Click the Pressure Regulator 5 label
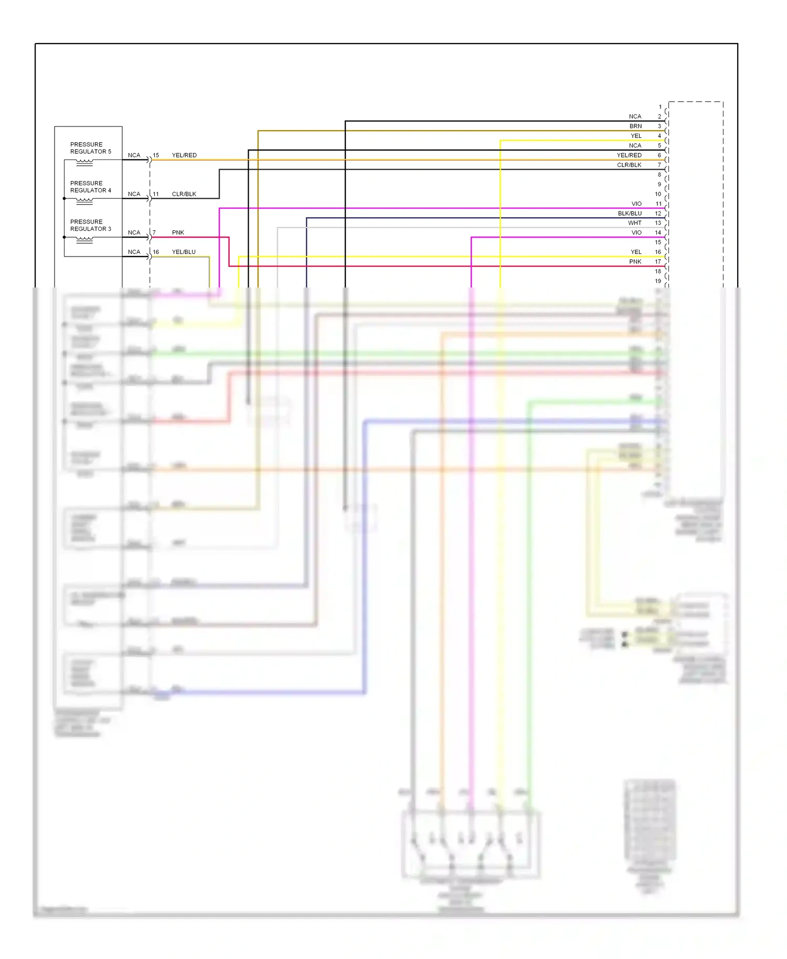pos(91,148)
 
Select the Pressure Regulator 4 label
pos(91,187)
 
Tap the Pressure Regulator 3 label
pos(91,225)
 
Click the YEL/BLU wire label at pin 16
pos(184,252)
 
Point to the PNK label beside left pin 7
pos(178,232)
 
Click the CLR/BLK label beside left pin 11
pos(184,194)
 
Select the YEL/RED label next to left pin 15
pos(184,155)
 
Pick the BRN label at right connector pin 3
pos(635,126)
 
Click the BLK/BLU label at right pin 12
pos(630,214)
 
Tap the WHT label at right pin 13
pos(635,223)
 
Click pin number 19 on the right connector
pos(658,281)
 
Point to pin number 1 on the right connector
pos(660,107)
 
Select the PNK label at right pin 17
pos(635,262)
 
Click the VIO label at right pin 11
pos(636,204)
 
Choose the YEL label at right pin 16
pos(636,252)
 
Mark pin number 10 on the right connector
pos(658,194)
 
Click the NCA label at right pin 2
pos(635,116)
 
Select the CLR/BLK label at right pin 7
pos(629,165)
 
